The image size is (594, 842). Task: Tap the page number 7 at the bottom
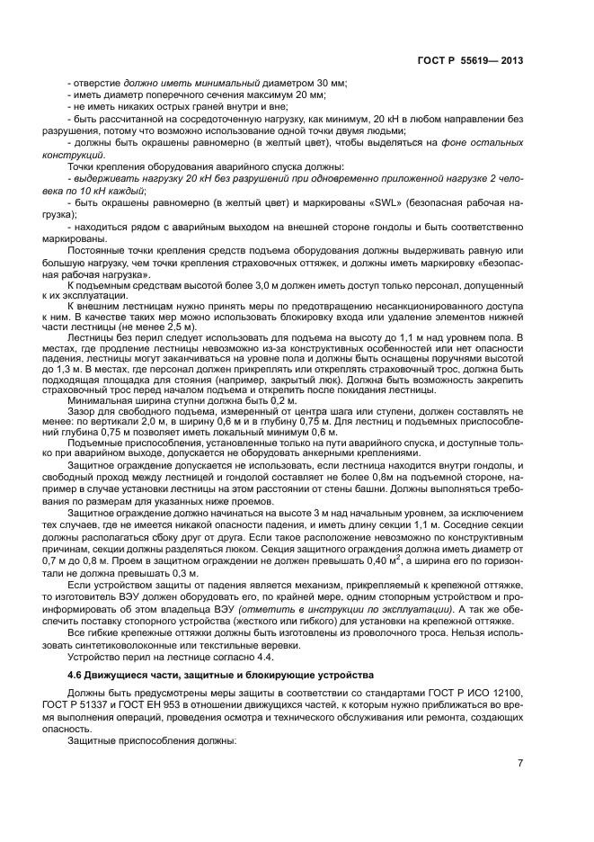[520, 763]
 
